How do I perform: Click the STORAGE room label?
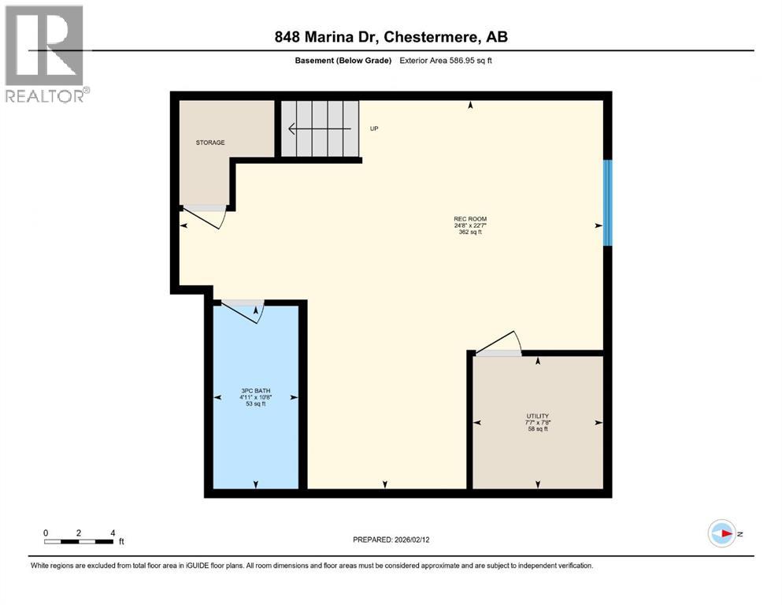(210, 143)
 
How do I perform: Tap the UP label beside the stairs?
(374, 128)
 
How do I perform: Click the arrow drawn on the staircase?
(319, 128)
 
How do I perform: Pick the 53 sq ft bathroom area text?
(254, 404)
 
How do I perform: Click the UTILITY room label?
(538, 416)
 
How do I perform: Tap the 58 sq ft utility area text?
(538, 429)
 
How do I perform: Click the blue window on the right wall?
(607, 203)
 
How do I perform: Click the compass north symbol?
(722, 533)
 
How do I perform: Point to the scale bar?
(79, 541)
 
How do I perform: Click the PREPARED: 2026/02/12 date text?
(391, 540)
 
